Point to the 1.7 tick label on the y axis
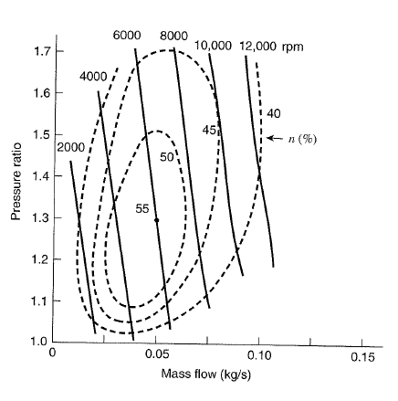[x=41, y=51]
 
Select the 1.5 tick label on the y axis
[x=41, y=135]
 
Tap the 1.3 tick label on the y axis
[x=41, y=218]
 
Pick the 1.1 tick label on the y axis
[x=41, y=301]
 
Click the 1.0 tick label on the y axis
[x=41, y=342]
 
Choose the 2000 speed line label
[x=71, y=147]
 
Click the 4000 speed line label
[x=93, y=76]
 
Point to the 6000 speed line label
[x=127, y=35]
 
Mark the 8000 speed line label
[x=173, y=35]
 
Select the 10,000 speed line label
[x=215, y=46]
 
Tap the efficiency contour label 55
[x=142, y=208]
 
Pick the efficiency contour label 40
[x=274, y=114]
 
